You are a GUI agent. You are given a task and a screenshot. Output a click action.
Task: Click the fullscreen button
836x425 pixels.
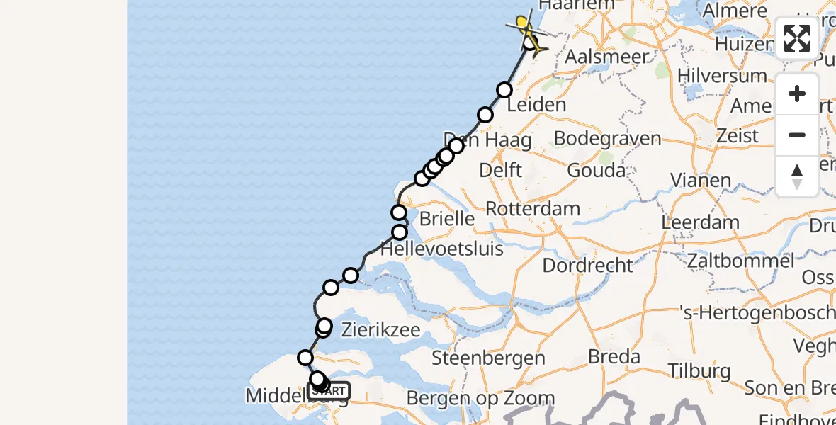797,38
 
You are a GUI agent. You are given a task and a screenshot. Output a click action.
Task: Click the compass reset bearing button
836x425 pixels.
797,176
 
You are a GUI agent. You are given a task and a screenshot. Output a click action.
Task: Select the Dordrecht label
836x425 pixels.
587,266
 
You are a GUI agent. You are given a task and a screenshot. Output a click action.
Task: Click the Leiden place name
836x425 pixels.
536,105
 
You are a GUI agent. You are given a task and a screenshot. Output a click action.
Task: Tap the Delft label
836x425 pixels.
500,170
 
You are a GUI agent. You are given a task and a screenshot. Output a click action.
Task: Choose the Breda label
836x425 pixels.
614,356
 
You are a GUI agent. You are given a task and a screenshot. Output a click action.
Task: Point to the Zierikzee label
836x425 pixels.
381,330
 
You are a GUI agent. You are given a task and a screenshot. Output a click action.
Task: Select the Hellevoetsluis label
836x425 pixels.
442,249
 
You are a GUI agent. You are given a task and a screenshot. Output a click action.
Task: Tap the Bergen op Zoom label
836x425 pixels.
480,398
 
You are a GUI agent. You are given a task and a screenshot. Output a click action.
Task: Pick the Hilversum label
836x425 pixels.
721,76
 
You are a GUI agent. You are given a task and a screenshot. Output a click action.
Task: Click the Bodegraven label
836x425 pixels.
607,138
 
